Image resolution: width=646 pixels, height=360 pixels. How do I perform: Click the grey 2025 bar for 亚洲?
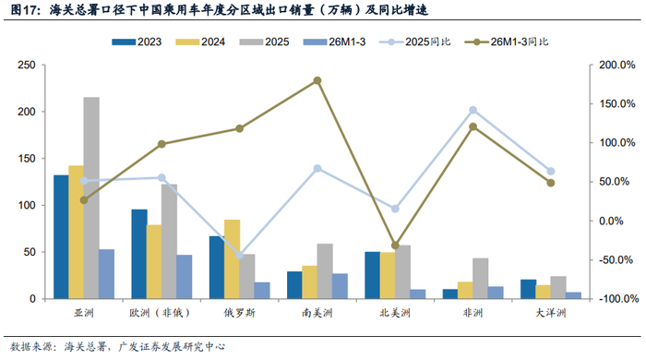pos(91,198)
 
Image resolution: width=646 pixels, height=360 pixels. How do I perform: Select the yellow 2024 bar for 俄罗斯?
pos(232,259)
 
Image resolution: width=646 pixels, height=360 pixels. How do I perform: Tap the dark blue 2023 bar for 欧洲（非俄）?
pos(139,254)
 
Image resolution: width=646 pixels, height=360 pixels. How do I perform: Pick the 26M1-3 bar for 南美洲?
pos(340,286)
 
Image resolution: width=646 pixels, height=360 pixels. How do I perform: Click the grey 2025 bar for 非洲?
pos(481,279)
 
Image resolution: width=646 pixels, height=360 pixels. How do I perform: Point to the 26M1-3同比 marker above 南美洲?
pos(317,80)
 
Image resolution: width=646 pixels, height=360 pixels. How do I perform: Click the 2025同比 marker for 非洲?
pos(473,110)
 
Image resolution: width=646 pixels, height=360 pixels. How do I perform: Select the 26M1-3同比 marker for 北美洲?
pos(395,246)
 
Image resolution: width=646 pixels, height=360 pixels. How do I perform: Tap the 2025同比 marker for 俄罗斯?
pos(239,256)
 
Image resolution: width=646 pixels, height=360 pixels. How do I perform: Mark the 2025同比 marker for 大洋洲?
pos(551,171)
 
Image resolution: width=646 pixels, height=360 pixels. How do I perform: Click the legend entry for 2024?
pos(200,42)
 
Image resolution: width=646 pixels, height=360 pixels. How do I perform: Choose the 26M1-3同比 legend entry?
pos(507,42)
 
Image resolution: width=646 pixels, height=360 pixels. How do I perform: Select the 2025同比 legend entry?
pos(415,42)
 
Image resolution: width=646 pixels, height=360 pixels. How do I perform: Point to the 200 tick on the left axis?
pos(27,112)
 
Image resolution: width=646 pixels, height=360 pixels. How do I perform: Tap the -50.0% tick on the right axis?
pos(616,260)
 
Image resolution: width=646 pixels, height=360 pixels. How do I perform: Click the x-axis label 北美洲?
pos(395,313)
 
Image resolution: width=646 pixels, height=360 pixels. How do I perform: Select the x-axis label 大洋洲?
pos(551,313)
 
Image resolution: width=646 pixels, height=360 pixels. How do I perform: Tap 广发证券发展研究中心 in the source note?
pos(172,347)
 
